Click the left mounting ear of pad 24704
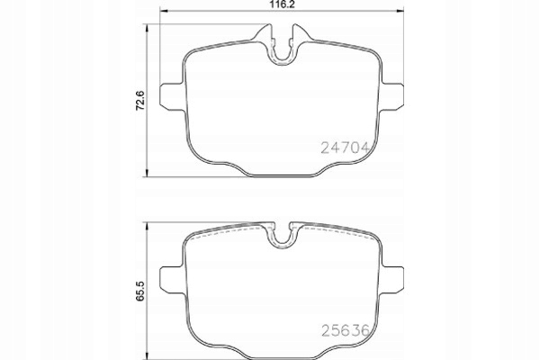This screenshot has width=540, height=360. [170, 95]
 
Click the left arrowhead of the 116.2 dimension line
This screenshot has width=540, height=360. [165, 12]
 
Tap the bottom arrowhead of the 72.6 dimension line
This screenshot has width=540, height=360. [148, 173]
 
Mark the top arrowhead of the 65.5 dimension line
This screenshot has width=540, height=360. [148, 225]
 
